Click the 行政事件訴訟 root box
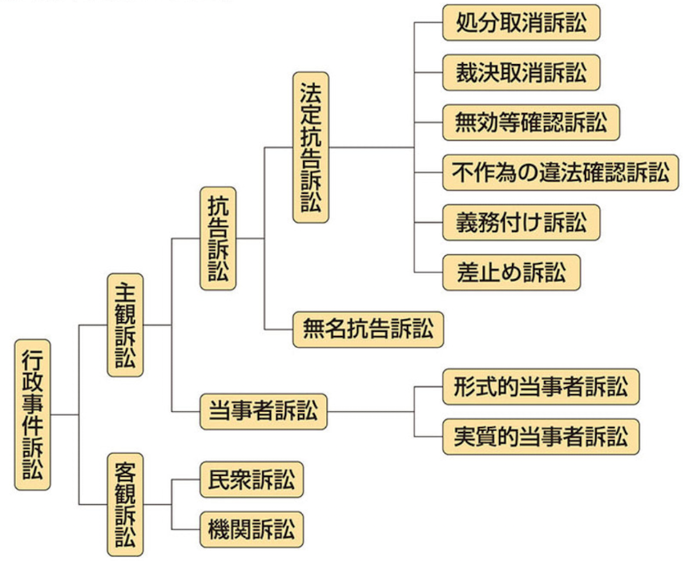pyautogui.click(x=33, y=414)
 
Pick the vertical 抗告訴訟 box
pyautogui.click(x=218, y=238)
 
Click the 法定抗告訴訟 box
pyautogui.click(x=311, y=147)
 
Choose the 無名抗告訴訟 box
pyautogui.click(x=368, y=329)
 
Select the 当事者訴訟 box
pyautogui.click(x=264, y=411)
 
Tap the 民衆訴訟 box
pyautogui.click(x=252, y=481)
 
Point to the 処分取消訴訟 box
pyautogui.click(x=521, y=23)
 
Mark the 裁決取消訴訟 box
pyautogui.click(x=521, y=73)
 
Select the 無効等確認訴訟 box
pyautogui.click(x=530, y=123)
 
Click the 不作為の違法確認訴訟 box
pyautogui.click(x=560, y=172)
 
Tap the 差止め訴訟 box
pyautogui.click(x=510, y=272)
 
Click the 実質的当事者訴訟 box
pyautogui.click(x=541, y=437)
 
